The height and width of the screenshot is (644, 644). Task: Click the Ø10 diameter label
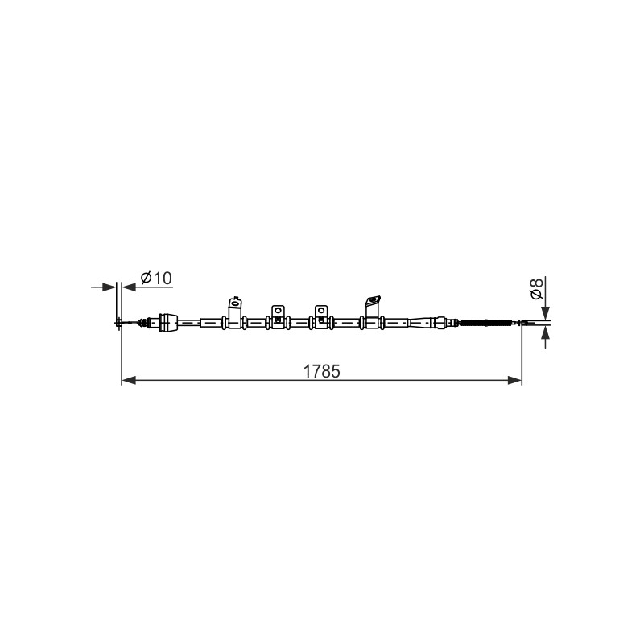tap(156, 278)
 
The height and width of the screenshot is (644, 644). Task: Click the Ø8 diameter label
tap(537, 288)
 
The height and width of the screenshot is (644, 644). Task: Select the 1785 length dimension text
tap(321, 371)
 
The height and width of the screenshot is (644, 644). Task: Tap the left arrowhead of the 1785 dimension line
tap(129, 380)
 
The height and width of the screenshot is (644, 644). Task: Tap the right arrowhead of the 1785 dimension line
tap(514, 380)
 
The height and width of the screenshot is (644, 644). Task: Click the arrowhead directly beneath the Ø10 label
tap(129, 287)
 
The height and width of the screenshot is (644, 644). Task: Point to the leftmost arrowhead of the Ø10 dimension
tap(109, 287)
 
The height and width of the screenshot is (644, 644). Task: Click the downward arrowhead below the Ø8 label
tap(546, 312)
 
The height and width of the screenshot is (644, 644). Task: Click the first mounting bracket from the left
tap(235, 312)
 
